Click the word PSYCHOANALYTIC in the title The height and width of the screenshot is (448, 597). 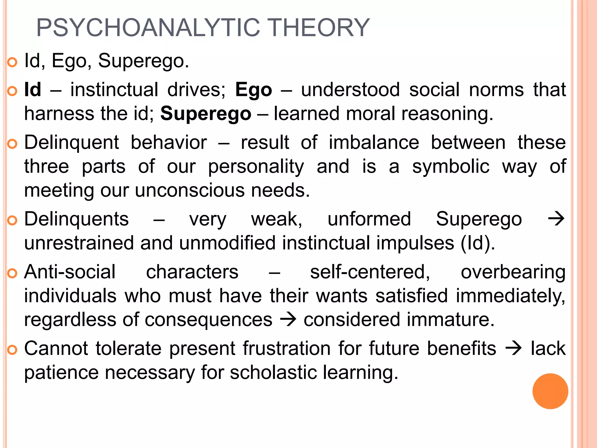point(148,28)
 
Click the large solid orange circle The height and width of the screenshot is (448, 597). point(550,391)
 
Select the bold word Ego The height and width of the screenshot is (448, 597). point(254,90)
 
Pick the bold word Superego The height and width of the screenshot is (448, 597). point(206,114)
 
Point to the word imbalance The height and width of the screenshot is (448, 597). point(374,143)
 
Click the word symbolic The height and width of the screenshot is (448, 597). point(450,167)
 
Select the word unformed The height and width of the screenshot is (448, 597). point(369,219)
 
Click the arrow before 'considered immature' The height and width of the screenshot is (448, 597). point(288,319)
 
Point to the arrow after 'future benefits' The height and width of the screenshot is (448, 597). point(513,348)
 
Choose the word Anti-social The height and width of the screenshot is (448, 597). point(70,272)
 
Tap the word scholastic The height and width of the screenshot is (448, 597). point(273,373)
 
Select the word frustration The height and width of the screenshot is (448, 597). point(287,348)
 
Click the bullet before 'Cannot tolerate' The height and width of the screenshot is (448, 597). point(12,349)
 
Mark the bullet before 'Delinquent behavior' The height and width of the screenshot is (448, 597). point(12,144)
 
